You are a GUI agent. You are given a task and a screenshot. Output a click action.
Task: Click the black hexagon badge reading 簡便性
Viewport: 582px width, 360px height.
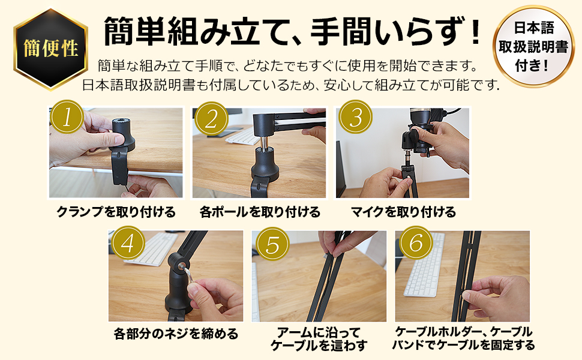pyautogui.click(x=51, y=49)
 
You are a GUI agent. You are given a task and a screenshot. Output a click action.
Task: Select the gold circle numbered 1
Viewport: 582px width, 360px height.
pyautogui.click(x=67, y=118)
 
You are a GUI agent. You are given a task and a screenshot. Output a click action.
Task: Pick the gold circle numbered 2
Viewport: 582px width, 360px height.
pyautogui.click(x=210, y=118)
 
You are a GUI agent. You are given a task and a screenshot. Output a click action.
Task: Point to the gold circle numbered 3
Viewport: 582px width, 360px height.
pyautogui.click(x=355, y=118)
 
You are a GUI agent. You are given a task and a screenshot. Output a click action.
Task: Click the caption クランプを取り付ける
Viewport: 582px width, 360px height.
pyautogui.click(x=115, y=212)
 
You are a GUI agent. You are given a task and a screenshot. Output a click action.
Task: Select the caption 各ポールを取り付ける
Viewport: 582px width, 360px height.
pyautogui.click(x=259, y=212)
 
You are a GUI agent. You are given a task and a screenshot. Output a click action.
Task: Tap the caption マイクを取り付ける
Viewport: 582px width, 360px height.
pyautogui.click(x=403, y=212)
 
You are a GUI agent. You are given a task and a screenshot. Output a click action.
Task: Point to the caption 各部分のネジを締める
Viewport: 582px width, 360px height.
pyautogui.click(x=176, y=334)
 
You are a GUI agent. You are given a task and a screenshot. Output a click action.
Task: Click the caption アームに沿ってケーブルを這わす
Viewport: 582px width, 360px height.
pyautogui.click(x=319, y=339)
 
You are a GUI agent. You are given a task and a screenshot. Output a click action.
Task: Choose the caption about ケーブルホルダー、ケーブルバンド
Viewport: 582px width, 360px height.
pyautogui.click(x=463, y=339)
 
